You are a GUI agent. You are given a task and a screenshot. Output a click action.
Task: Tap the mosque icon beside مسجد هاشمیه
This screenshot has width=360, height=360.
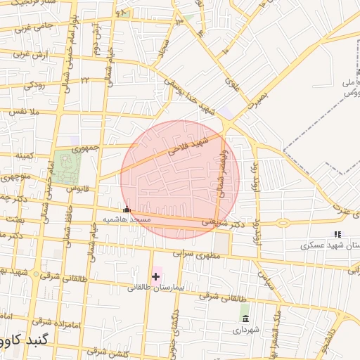tap(127, 209)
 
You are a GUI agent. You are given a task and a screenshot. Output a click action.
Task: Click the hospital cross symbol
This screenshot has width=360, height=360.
tap(155, 276)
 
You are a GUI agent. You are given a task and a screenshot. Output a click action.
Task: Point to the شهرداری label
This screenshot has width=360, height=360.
tap(244, 328)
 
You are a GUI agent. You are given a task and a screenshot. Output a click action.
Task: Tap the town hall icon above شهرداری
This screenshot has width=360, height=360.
tap(244, 318)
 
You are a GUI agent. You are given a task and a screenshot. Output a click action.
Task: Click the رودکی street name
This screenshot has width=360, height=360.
tap(34, 84)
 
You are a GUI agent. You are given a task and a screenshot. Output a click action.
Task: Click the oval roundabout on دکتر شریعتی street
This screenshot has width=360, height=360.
tap(283, 224)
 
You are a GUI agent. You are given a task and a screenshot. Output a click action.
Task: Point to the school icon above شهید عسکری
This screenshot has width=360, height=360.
tap(337, 234)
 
